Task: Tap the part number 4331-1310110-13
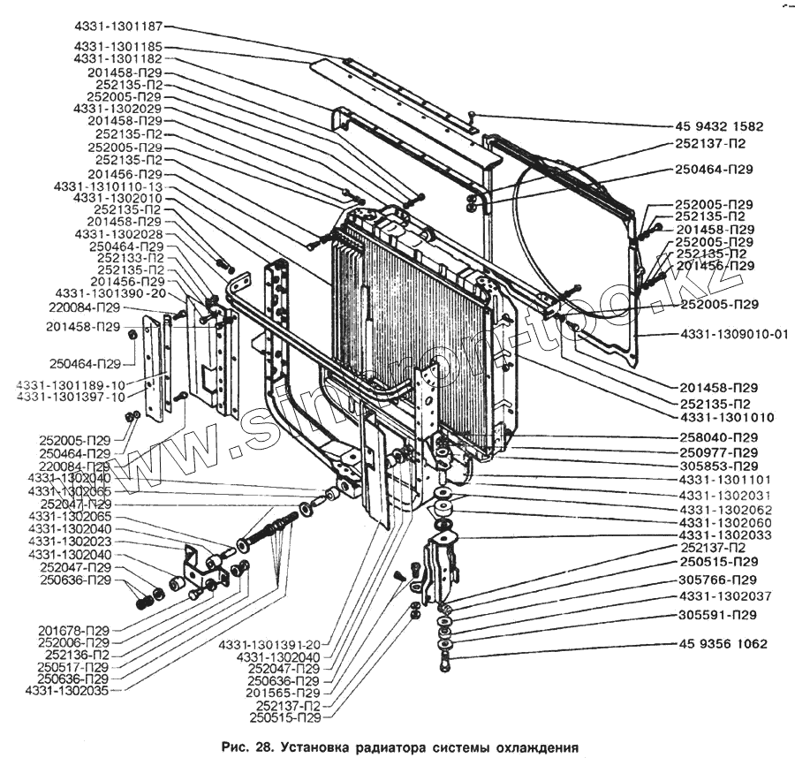tap(109, 187)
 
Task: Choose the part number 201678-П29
tap(73, 630)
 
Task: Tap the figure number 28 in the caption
tap(262, 747)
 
